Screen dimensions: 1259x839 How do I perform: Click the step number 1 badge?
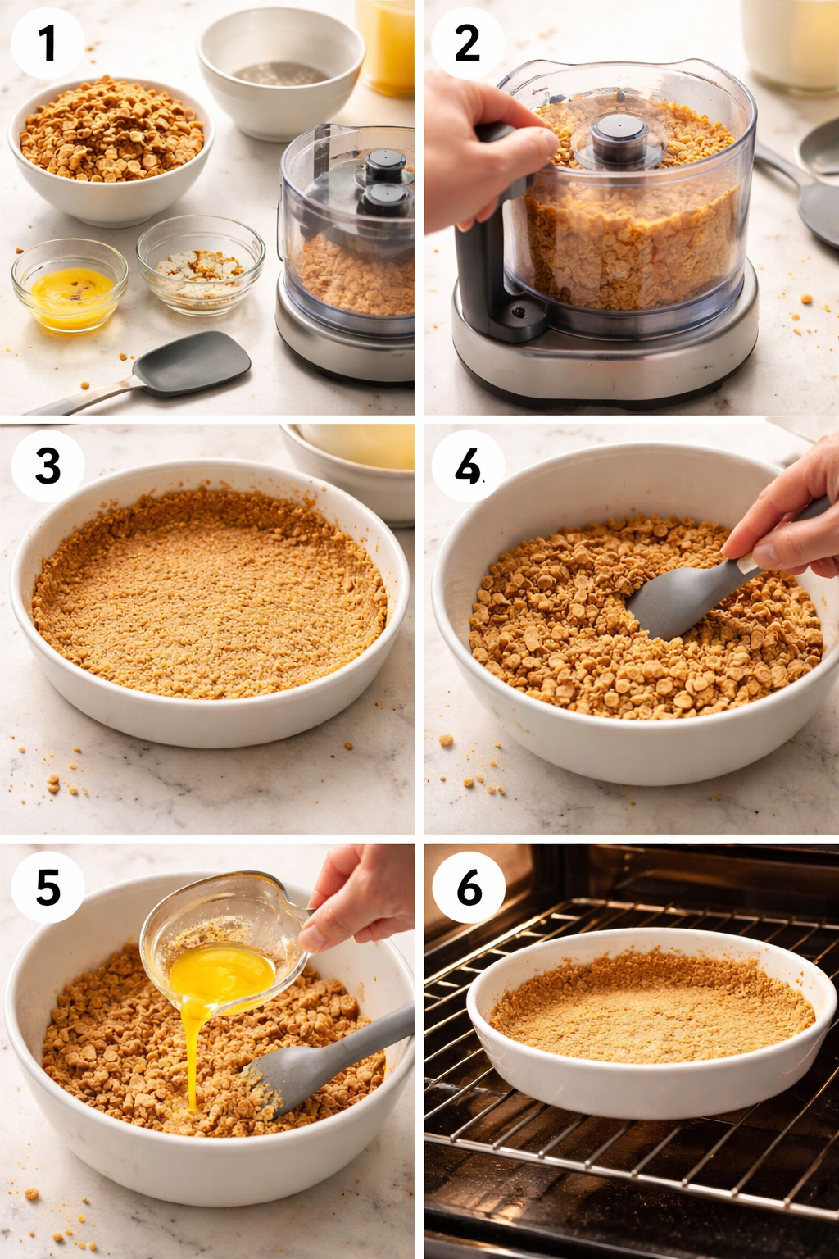[x=47, y=43]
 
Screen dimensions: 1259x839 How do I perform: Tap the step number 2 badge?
[x=467, y=43]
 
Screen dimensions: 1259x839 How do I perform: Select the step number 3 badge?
[x=48, y=466]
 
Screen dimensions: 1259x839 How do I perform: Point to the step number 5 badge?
[x=48, y=887]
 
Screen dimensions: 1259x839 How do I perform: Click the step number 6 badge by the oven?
[x=469, y=887]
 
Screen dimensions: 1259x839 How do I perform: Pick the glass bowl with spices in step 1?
[x=201, y=264]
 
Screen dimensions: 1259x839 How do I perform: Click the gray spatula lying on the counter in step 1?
[x=193, y=365]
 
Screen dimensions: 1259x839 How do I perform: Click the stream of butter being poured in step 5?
[x=192, y=1057]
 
